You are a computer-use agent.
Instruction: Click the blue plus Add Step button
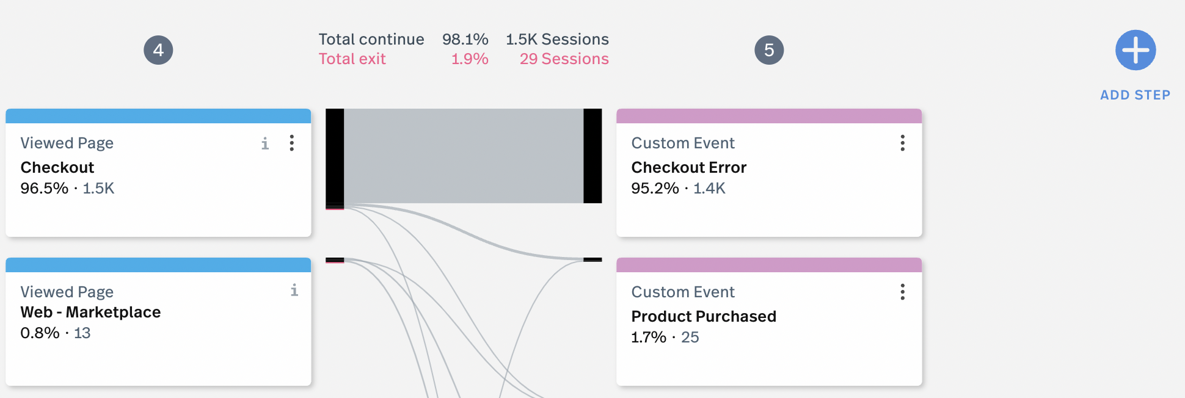(1136, 50)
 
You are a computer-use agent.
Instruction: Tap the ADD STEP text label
(1136, 95)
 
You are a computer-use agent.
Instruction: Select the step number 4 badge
(158, 50)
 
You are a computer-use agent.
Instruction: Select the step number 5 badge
(769, 50)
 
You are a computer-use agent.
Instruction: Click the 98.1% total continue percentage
(465, 40)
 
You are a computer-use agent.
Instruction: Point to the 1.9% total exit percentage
(470, 59)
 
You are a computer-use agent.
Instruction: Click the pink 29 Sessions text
(564, 59)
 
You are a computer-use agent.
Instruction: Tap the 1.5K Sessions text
(557, 40)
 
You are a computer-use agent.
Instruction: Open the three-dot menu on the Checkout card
(292, 143)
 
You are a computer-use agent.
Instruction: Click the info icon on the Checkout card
(265, 143)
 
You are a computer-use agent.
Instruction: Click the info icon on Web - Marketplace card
(294, 290)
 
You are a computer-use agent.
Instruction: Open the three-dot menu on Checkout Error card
(902, 143)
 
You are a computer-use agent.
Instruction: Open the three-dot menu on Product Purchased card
(902, 292)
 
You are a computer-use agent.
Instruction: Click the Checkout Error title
(689, 167)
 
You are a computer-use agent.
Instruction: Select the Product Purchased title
(704, 316)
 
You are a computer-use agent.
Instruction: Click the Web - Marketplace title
(90, 312)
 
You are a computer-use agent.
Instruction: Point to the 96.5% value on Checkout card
(45, 188)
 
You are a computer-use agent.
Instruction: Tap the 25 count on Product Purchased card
(690, 337)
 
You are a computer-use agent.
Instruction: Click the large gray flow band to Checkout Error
(464, 156)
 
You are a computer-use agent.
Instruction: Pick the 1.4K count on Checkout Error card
(709, 188)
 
